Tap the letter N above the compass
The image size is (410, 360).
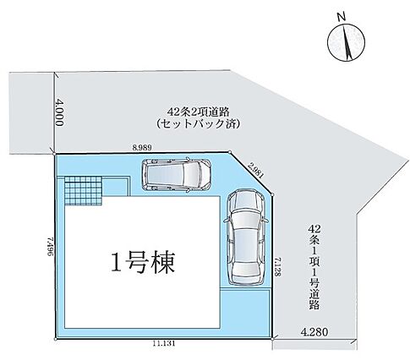(x=342, y=17)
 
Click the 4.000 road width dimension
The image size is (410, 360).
(x=60, y=112)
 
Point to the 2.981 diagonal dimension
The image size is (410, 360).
(x=256, y=171)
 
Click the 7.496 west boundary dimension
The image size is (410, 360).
(x=51, y=246)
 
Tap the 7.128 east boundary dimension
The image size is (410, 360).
(x=277, y=267)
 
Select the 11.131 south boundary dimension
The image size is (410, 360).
(x=164, y=343)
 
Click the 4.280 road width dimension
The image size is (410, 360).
(x=314, y=332)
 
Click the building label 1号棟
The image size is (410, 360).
(x=143, y=262)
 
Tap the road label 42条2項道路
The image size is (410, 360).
(x=198, y=112)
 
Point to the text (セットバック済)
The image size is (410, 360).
(x=198, y=124)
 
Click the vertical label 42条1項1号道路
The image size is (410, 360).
(x=314, y=267)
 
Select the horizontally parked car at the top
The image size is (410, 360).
(x=177, y=175)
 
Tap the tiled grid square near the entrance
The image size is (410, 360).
(x=83, y=191)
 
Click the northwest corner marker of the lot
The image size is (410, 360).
(x=54, y=154)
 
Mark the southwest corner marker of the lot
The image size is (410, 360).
(x=55, y=339)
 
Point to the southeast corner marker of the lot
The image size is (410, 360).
(x=272, y=339)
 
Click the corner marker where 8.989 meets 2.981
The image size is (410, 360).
(x=230, y=152)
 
